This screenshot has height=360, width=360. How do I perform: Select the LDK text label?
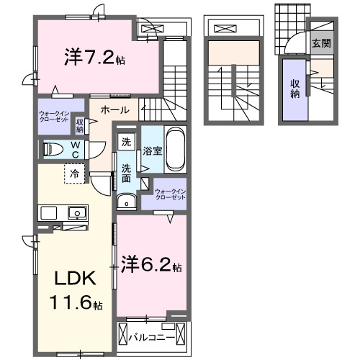pyautogui.click(x=71, y=278)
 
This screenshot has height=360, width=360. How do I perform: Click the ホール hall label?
pyautogui.click(x=114, y=110)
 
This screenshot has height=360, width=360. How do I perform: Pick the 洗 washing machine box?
pyautogui.click(x=126, y=143)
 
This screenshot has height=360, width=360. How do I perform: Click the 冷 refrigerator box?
pyautogui.click(x=73, y=174)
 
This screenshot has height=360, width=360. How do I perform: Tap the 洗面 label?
pyautogui.click(x=126, y=174)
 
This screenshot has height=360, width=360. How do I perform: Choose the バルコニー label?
pyautogui.click(x=155, y=336)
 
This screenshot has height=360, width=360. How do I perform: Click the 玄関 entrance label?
pyautogui.click(x=321, y=42)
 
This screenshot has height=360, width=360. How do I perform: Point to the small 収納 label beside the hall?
pyautogui.click(x=80, y=125)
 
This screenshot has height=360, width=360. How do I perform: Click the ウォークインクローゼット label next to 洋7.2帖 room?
pyautogui.click(x=55, y=116)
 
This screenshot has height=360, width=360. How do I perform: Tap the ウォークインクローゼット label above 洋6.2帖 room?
pyautogui.click(x=170, y=195)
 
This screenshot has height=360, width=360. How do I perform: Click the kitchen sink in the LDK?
pyautogui.click(x=74, y=212)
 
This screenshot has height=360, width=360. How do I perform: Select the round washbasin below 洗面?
pyautogui.click(x=126, y=202)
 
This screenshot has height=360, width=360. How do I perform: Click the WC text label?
pyautogui.click(x=76, y=150)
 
